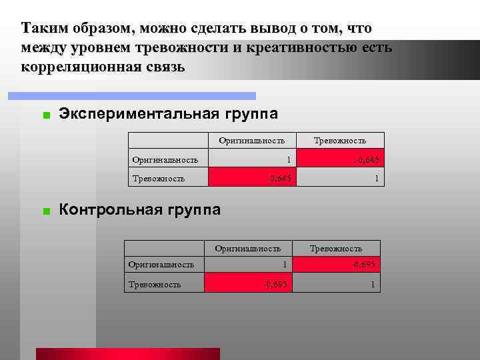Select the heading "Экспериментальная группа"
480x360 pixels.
pos(168,114)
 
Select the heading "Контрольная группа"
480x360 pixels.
pos(139,211)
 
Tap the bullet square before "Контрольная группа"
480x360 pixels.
pos(45,212)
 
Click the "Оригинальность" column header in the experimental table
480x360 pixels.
pos(251,140)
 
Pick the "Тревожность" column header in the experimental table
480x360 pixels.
pos(340,140)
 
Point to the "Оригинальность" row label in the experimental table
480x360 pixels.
pos(165,159)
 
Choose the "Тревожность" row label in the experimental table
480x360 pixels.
pos(159,178)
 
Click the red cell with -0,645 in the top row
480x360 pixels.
pos(340,159)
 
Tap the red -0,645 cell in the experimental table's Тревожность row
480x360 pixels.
pos(251,177)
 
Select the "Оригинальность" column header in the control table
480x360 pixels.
pos(247,249)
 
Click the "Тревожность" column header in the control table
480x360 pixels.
pos(336,249)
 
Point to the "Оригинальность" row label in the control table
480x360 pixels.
pos(161,265)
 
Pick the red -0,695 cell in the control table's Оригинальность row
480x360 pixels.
pos(336,265)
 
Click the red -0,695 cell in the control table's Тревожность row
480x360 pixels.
pos(247,284)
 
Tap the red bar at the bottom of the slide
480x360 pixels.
pos(127,353)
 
